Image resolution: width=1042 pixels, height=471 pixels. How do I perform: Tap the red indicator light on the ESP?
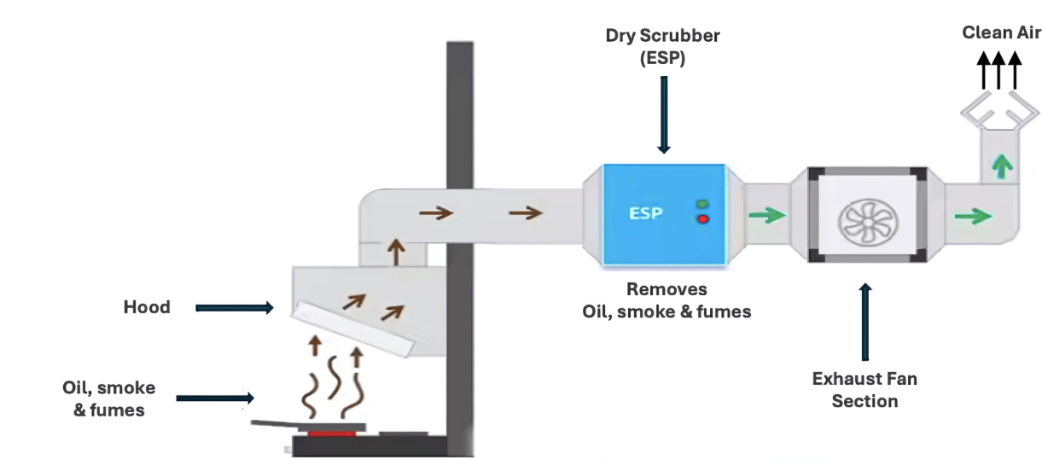(703, 219)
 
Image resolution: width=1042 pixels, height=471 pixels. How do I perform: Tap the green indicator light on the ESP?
(703, 204)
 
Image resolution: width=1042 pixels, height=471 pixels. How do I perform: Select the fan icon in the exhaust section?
(864, 215)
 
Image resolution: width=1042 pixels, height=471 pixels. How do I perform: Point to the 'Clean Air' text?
(1001, 32)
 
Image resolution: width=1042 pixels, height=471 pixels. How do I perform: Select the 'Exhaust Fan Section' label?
(864, 389)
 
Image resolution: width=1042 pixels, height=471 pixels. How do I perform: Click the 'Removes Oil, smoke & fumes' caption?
(667, 300)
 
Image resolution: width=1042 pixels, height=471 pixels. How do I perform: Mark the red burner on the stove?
(331, 433)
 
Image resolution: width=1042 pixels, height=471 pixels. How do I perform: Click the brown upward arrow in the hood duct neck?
(395, 253)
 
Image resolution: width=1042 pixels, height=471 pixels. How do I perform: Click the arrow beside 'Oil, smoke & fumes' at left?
(215, 398)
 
